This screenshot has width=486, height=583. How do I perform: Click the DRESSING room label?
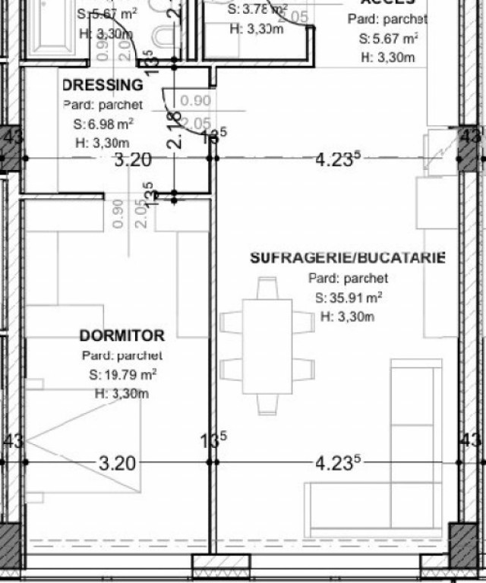103,85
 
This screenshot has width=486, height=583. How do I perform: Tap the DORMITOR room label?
121,336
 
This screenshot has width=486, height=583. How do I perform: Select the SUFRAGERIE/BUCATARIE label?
348,258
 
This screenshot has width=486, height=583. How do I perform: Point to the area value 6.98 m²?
104,124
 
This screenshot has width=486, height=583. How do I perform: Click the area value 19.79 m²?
122,374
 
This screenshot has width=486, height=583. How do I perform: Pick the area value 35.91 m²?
349,298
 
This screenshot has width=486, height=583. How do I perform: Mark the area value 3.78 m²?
258,10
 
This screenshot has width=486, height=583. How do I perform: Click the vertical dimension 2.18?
175,130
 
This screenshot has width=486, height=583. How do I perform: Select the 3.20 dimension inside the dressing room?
133,159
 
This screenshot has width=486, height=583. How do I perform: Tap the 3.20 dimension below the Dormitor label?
118,463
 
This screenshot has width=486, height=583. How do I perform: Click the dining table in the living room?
267,346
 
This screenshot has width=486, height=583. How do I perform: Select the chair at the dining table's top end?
267,288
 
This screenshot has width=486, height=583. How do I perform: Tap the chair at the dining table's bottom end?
267,404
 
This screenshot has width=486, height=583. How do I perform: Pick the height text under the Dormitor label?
121,393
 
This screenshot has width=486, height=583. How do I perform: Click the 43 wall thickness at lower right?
471,440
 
